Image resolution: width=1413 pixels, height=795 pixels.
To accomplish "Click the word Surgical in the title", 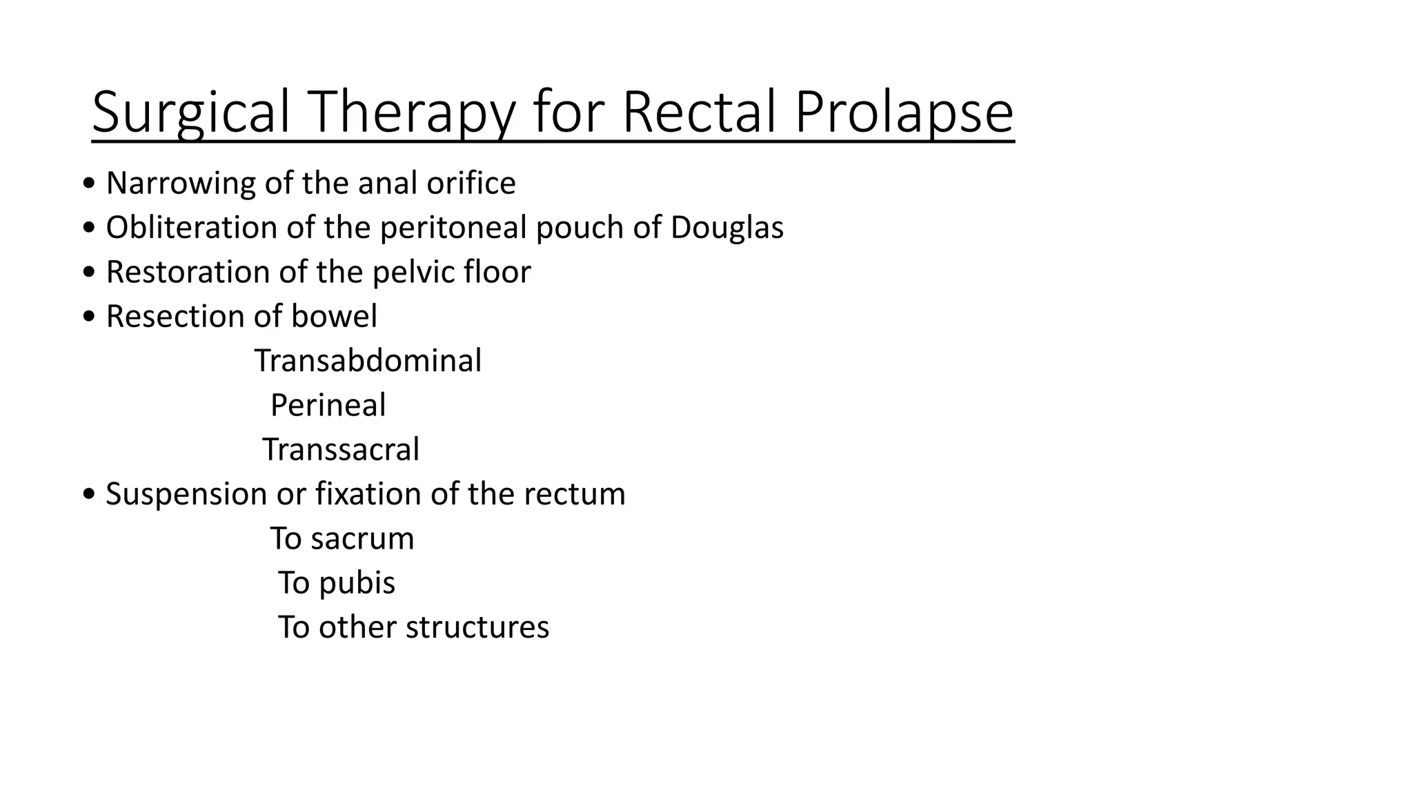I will (190, 112).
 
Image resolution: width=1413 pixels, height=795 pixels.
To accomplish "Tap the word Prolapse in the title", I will (904, 112).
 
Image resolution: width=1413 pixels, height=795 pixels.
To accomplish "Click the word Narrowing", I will (181, 184).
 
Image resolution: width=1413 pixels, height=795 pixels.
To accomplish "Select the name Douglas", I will (727, 228).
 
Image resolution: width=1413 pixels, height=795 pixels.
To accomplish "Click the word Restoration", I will (188, 272).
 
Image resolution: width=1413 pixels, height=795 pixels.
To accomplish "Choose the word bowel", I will (335, 317).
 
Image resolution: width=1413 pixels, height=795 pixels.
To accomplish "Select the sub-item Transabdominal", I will (368, 361).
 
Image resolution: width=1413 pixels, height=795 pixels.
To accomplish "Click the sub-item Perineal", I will (328, 405).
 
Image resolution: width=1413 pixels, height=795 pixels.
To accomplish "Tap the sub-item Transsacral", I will (341, 450).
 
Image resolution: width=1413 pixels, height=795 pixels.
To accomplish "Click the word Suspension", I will (186, 494).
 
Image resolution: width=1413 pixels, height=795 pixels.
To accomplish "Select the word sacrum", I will (362, 538).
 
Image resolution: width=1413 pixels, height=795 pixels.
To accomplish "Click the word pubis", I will (357, 583).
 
